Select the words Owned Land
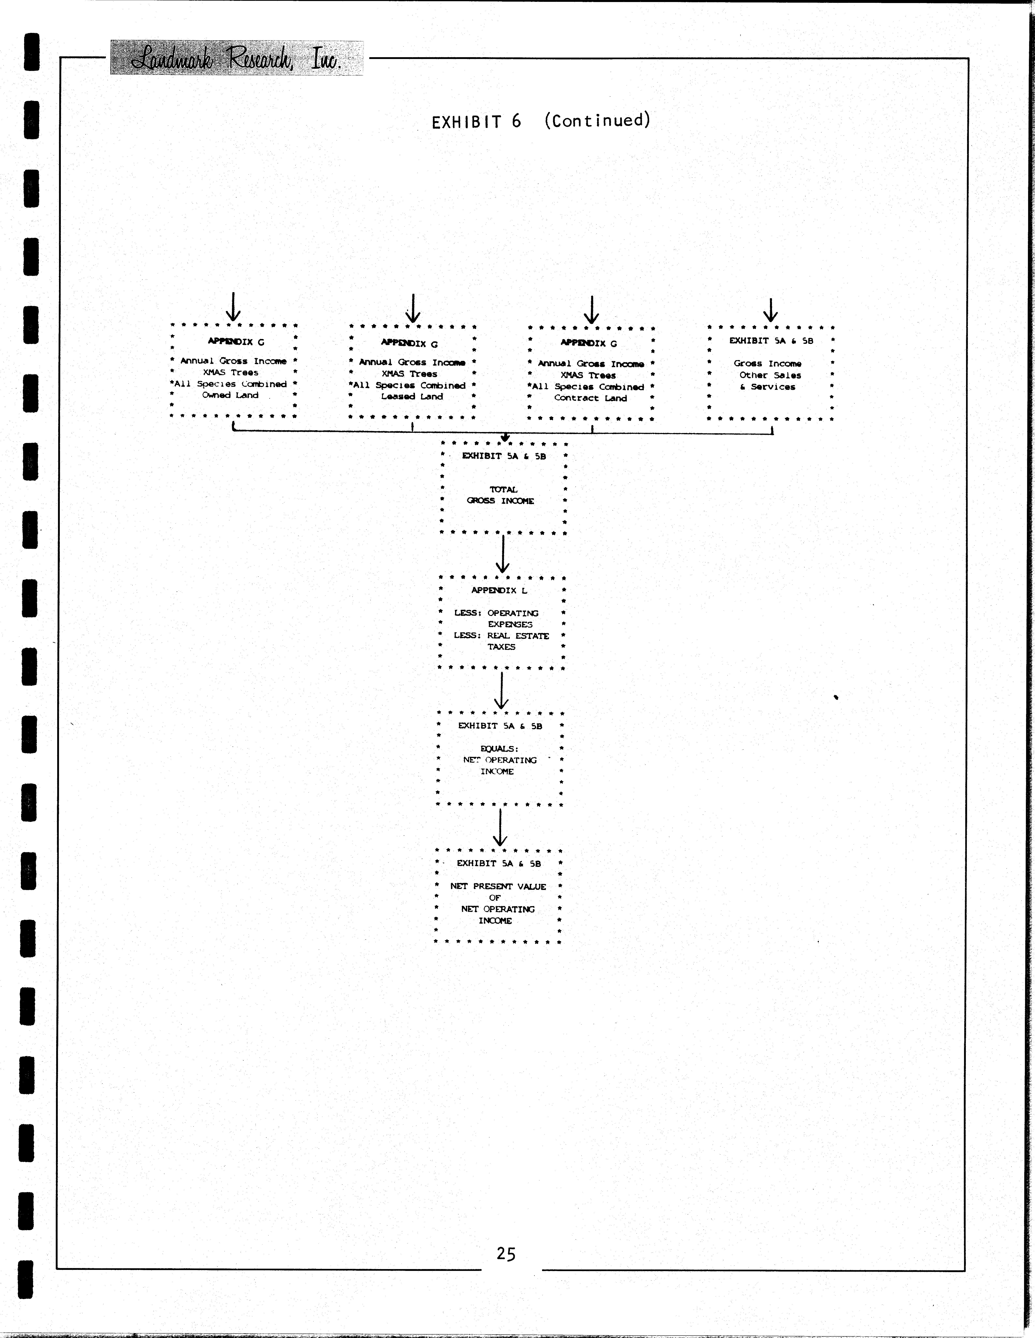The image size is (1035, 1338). point(230,395)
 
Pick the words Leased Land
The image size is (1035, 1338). point(412,396)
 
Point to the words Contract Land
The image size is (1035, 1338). point(590,398)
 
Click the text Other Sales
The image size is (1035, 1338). point(770,375)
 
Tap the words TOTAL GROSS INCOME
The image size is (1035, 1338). point(501,495)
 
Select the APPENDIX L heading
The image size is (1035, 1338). point(499,590)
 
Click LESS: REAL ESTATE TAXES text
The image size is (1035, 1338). point(501,641)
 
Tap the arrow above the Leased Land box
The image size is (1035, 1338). point(413,308)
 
